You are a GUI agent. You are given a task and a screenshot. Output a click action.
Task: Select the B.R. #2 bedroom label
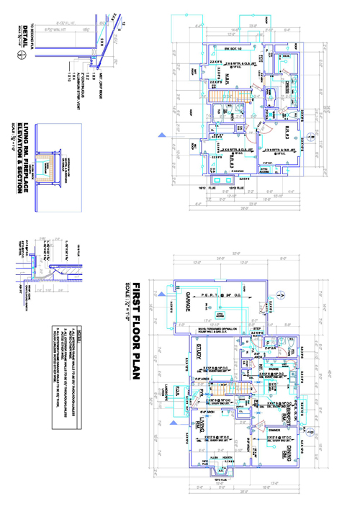tap(282, 132)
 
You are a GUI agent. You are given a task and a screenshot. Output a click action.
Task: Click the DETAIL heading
tap(27, 32)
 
